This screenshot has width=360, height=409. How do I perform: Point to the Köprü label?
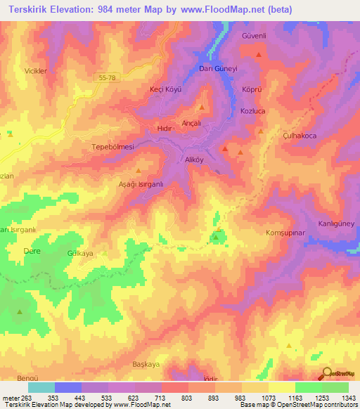coord(251,91)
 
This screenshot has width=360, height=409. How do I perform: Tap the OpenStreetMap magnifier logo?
coord(326,373)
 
